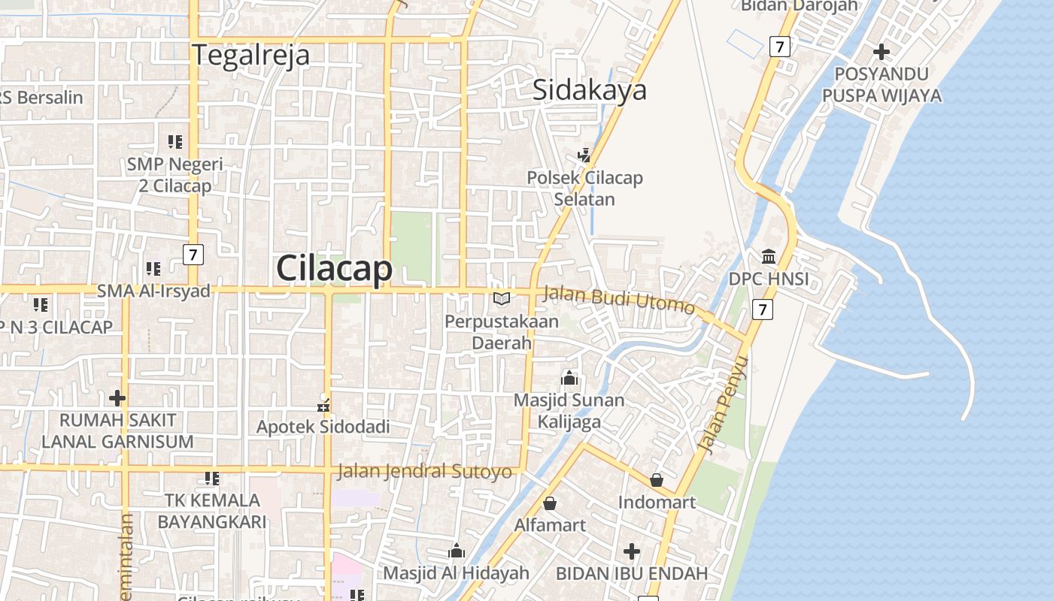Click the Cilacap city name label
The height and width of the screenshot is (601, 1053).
[x=334, y=269]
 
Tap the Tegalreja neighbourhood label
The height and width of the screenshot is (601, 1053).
[x=250, y=56]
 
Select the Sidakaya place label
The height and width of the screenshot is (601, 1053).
[x=590, y=90]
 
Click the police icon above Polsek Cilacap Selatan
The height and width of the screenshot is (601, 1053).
[x=584, y=156]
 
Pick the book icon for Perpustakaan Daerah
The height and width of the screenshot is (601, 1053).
[x=502, y=299]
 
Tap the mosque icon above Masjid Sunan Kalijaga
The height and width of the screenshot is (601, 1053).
[x=569, y=377]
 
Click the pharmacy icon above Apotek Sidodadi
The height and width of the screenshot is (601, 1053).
[x=323, y=406]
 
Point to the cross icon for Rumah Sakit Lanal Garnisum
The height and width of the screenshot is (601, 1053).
[x=117, y=397]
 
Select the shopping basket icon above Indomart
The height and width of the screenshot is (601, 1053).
[x=657, y=479]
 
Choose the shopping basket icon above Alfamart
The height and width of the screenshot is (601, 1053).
[x=550, y=503]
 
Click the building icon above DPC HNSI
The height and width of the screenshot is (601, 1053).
[x=769, y=257]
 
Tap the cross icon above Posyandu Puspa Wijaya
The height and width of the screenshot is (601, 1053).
[x=882, y=52]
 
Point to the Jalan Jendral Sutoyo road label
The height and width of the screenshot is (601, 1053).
[x=425, y=472]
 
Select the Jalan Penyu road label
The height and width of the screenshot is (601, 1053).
[x=724, y=406]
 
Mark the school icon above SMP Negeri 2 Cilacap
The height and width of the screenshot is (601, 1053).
[x=175, y=141]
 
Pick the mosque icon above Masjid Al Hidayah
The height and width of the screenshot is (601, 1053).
[x=456, y=551]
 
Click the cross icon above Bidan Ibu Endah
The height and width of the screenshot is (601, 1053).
[x=632, y=552]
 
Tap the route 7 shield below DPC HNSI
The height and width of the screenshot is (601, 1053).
[x=763, y=309]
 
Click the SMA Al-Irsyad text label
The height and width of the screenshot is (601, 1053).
[x=153, y=291]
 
